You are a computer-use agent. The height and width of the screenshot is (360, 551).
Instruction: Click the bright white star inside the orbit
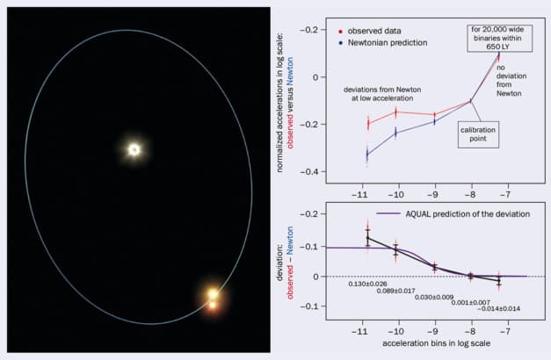[134, 149]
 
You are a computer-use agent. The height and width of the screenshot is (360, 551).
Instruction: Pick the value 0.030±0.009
[436, 297]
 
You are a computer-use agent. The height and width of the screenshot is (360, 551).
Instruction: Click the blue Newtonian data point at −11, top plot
[366, 155]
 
